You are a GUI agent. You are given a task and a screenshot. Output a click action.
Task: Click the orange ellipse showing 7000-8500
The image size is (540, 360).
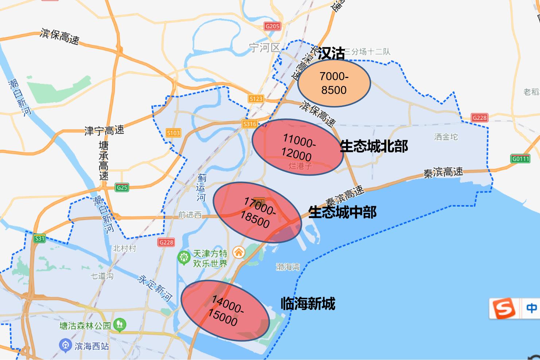[x=334, y=83]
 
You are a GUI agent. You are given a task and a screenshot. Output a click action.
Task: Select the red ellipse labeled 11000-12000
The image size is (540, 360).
[x=298, y=147]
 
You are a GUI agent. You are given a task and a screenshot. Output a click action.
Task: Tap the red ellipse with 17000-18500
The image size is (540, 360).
[x=257, y=212]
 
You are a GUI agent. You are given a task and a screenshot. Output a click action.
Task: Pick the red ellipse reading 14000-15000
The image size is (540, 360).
[x=225, y=310]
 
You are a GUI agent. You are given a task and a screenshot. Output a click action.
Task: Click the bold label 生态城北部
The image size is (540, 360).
[x=374, y=146]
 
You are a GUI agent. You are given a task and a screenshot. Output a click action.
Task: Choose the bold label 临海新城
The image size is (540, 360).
[x=308, y=304]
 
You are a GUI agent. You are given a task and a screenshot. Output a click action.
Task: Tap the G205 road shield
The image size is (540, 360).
[x=272, y=26]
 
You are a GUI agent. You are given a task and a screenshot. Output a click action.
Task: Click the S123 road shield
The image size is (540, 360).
[x=256, y=99]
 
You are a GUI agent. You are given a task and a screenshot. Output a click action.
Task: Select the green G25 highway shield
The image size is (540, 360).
[x=122, y=188]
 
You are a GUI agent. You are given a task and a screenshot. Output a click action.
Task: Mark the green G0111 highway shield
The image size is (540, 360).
[x=520, y=159]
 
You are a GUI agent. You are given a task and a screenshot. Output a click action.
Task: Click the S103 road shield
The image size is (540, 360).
[x=173, y=133]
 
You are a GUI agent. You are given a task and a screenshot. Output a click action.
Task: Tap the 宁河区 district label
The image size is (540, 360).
[x=264, y=47]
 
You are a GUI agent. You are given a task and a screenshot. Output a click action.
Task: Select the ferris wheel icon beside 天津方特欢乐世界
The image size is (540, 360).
[x=184, y=258]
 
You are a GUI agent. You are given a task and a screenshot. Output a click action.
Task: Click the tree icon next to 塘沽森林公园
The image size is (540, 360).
[x=120, y=325]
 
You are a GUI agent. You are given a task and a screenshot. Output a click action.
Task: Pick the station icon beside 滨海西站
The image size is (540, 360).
[x=66, y=345]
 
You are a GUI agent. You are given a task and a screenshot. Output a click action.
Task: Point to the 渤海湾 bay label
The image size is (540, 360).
[x=288, y=267]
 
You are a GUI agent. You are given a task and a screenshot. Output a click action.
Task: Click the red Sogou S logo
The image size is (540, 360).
[x=504, y=309]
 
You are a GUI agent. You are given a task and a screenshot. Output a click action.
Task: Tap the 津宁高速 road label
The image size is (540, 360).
[x=104, y=130]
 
